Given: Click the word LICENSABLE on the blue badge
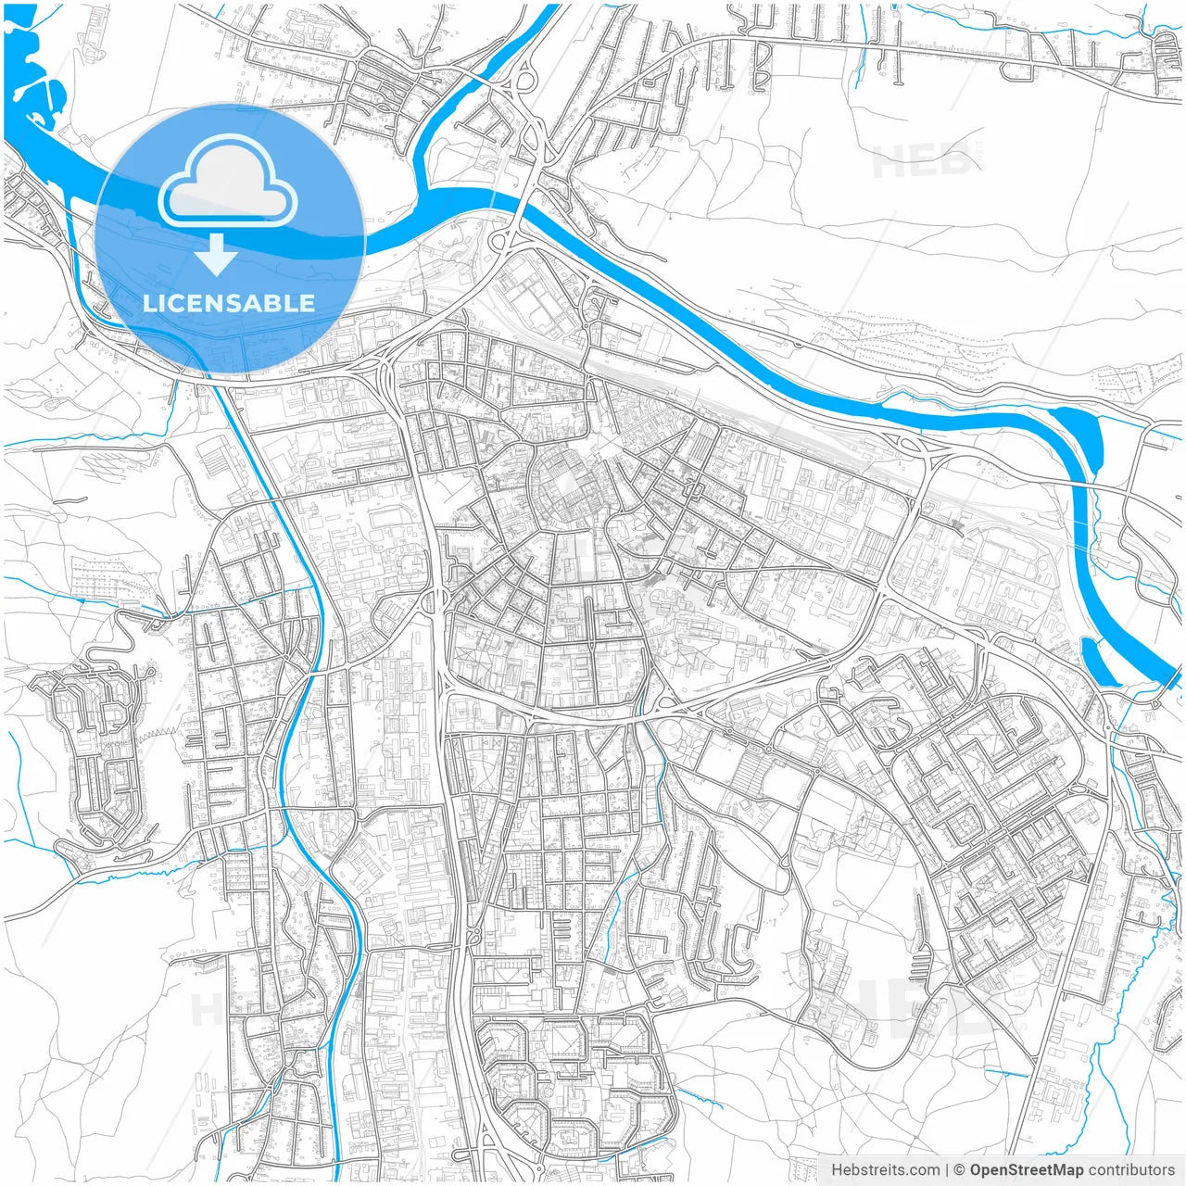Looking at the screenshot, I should [229, 303].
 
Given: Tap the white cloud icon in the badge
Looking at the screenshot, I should [227, 182].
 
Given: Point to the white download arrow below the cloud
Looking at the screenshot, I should [217, 254].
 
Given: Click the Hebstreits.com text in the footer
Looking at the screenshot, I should [885, 1170].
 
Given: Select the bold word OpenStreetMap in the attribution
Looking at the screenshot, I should [1027, 1170].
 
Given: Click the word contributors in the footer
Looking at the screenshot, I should [1131, 1170].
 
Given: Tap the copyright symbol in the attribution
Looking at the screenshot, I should [960, 1170].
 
